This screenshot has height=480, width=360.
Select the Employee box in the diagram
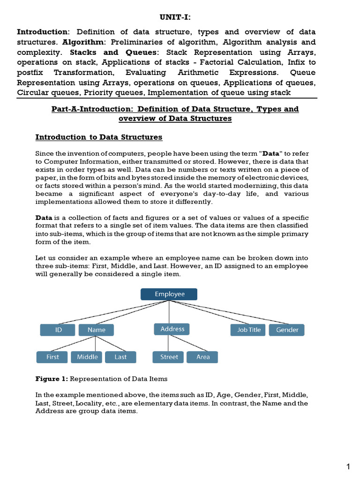169,294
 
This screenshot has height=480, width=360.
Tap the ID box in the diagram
58,330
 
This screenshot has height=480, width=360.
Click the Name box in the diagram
96,330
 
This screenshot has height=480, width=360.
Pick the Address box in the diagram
172,329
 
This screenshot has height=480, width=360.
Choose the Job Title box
248,330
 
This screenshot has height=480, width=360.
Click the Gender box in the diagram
287,330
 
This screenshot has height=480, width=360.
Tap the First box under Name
52,357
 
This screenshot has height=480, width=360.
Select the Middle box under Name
87,357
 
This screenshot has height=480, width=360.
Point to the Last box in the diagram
120,357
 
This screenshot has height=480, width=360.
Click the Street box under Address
169,357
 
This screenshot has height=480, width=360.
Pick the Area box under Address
203,357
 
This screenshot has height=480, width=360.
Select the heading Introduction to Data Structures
99,137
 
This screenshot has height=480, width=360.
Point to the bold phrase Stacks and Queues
114,52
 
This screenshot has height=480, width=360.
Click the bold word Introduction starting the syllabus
43,32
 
